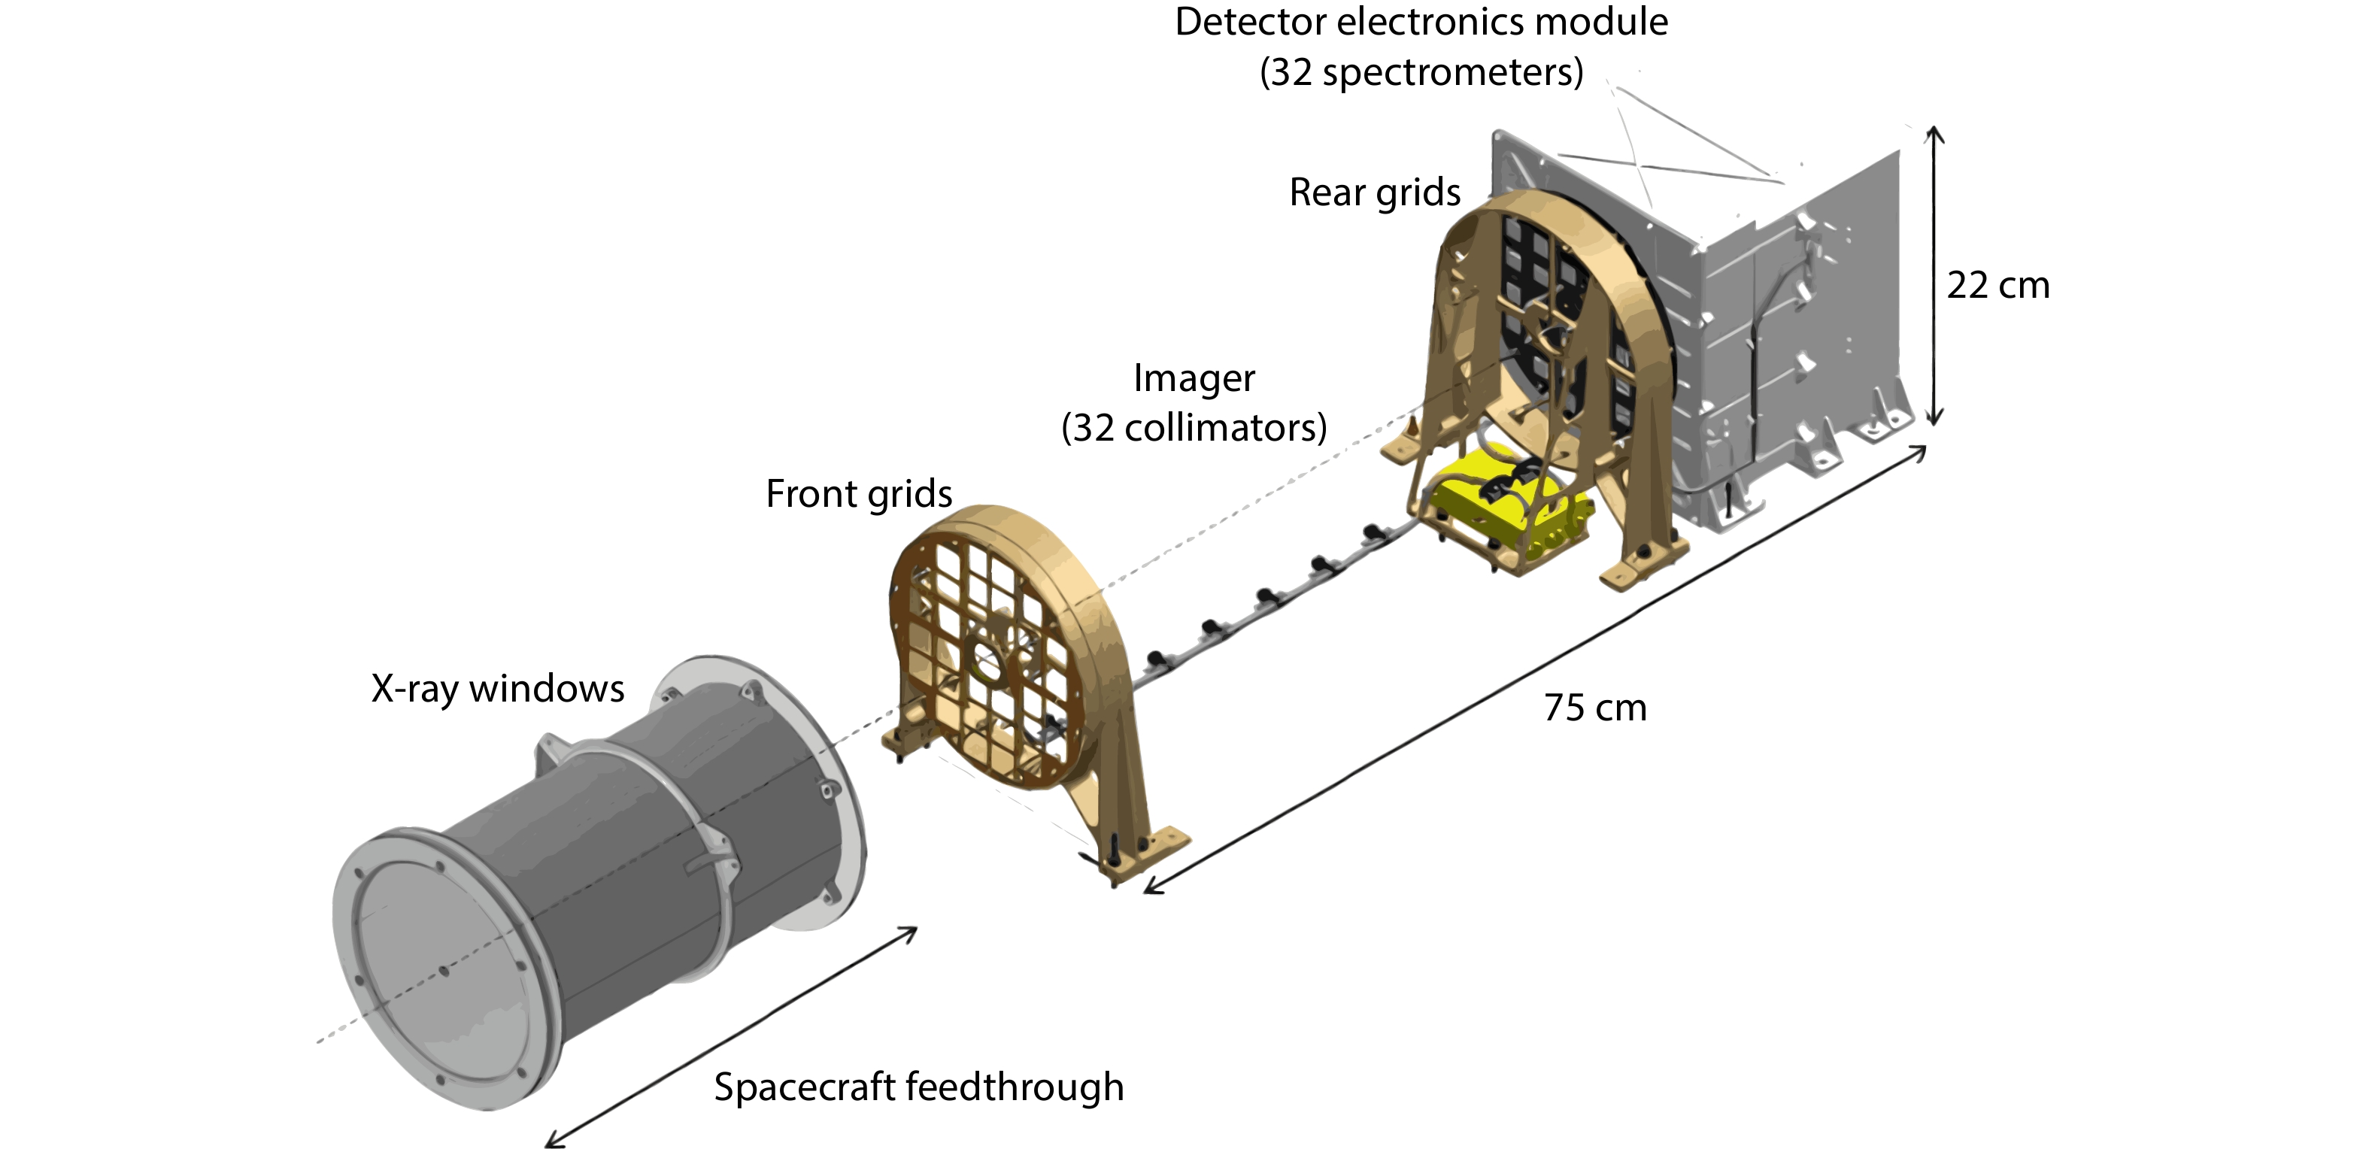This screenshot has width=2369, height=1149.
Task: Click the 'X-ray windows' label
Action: coord(498,689)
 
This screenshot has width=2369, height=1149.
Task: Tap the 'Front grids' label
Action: coord(858,493)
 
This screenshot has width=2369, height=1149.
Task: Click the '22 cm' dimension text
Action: coord(1997,286)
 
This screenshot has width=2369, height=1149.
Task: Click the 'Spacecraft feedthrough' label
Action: coord(919,1087)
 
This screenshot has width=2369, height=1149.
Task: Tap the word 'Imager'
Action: coord(1194,377)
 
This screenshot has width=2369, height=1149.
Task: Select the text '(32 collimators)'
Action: coord(1194,427)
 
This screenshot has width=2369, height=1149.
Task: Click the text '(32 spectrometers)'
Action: coord(1421,71)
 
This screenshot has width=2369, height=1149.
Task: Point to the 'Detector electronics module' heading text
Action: coord(1421,22)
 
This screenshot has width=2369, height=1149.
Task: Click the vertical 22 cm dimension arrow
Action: coord(1935,276)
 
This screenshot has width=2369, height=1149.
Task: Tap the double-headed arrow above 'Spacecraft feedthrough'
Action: coord(732,1037)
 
